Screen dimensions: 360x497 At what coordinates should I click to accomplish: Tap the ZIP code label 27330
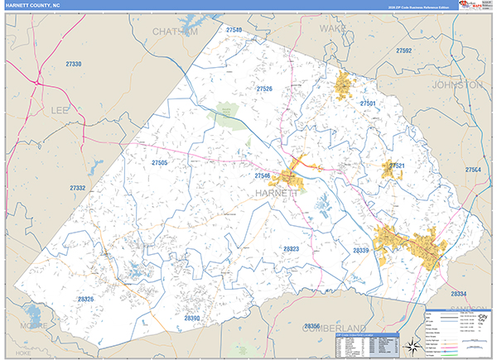(x=74, y=64)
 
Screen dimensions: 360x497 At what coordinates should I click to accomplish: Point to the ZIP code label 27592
(x=403, y=50)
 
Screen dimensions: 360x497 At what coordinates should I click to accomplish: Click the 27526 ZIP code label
(x=264, y=89)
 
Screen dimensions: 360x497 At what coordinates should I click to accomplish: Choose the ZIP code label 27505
(x=160, y=163)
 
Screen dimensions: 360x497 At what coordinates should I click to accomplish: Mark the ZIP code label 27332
(x=78, y=189)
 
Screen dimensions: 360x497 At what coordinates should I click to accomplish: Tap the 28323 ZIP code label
(x=291, y=248)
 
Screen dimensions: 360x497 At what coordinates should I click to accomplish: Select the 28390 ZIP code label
(x=192, y=318)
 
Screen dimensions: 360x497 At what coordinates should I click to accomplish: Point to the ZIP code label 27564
(x=473, y=170)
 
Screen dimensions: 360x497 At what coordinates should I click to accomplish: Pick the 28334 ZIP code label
(x=459, y=294)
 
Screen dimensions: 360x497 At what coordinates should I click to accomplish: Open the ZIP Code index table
(x=365, y=343)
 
